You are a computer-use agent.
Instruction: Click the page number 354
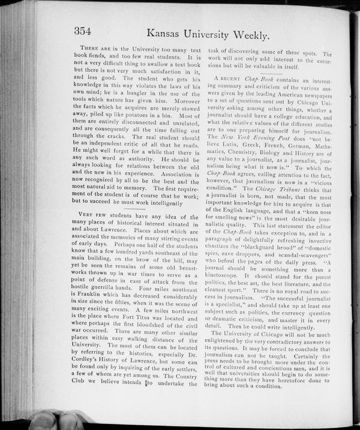click(x=86, y=31)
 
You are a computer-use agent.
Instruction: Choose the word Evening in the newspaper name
click(x=271, y=145)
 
